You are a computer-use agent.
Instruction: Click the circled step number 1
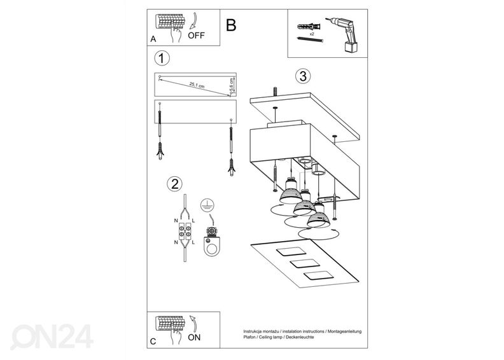tap(163, 59)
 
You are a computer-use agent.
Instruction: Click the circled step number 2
tap(172, 185)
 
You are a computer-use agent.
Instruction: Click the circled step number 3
tap(303, 76)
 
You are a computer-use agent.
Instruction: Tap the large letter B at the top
tap(230, 25)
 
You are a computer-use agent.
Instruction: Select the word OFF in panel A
tap(197, 36)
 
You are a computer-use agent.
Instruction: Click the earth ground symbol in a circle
tap(206, 205)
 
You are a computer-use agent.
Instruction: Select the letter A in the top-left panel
tap(153, 39)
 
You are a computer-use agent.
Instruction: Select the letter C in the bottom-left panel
tap(153, 342)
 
